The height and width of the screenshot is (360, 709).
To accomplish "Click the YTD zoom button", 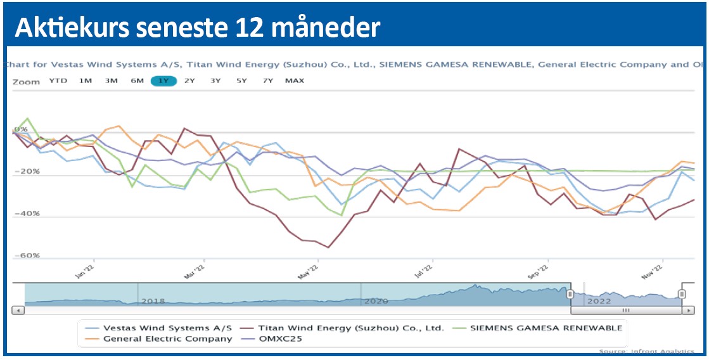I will click(58, 80).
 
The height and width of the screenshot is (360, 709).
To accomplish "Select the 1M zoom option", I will click(85, 80).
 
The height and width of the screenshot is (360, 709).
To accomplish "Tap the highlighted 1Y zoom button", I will click(163, 80).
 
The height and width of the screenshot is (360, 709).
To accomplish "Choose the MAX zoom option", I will click(295, 80).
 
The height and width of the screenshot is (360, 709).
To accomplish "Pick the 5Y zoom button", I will click(241, 80).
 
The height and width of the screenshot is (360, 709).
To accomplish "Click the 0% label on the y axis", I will click(21, 130).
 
